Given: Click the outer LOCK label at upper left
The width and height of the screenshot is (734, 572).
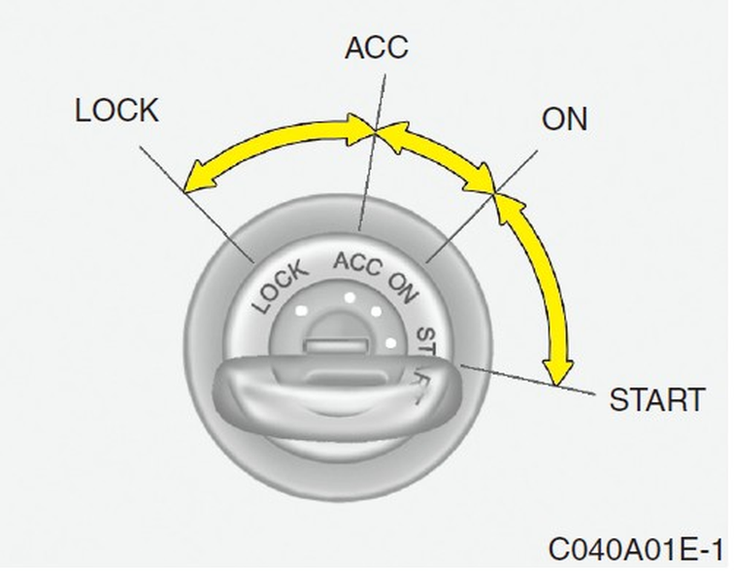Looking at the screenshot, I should tap(117, 111).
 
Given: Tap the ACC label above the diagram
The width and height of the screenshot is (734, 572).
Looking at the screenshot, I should tap(377, 47).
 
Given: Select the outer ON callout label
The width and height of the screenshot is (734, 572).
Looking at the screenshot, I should tap(564, 119).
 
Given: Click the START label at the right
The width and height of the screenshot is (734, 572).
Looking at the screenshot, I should tap(656, 399).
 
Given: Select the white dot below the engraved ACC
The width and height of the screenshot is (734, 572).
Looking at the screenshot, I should tap(347, 296).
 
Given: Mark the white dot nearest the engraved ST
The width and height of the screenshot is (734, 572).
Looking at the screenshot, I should tap(390, 342).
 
